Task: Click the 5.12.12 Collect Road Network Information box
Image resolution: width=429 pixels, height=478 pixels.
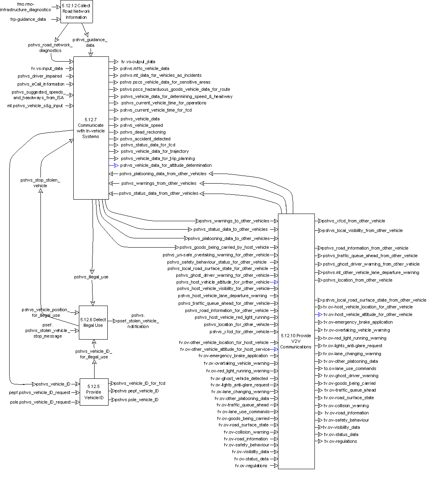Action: [x=77, y=12]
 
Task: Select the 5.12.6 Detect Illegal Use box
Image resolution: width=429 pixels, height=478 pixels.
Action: [x=93, y=322]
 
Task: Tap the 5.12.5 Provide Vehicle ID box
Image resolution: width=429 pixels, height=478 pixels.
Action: [x=94, y=392]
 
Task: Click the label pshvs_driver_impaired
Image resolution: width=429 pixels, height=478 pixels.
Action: [x=40, y=76]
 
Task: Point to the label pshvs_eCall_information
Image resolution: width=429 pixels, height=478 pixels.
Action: [x=40, y=84]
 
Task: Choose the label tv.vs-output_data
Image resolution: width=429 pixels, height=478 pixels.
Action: [x=138, y=62]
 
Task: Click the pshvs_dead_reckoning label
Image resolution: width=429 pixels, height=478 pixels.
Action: [x=143, y=132]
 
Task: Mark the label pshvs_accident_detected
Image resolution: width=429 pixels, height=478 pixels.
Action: [x=145, y=139]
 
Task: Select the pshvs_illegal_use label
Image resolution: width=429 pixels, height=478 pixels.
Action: [x=91, y=277]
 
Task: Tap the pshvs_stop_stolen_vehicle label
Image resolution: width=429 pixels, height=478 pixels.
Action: [x=40, y=183]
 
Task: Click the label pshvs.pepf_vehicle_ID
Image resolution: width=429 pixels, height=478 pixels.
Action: [x=137, y=391]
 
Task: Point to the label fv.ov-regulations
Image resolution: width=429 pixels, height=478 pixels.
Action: [x=251, y=466]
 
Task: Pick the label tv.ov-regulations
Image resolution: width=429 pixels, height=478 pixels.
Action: [x=340, y=441]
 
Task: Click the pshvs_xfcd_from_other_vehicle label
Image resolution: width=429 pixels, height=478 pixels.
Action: [x=354, y=221]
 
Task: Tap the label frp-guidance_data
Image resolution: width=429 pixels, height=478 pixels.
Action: [x=28, y=19]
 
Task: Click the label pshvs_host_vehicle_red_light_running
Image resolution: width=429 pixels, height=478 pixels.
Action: [x=232, y=317]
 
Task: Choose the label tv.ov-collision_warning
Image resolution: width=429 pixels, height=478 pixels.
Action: [x=346, y=406]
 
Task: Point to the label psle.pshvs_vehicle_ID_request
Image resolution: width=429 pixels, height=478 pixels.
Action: [x=40, y=402]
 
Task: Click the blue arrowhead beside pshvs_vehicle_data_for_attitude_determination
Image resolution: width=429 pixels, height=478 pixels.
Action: [x=116, y=165]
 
